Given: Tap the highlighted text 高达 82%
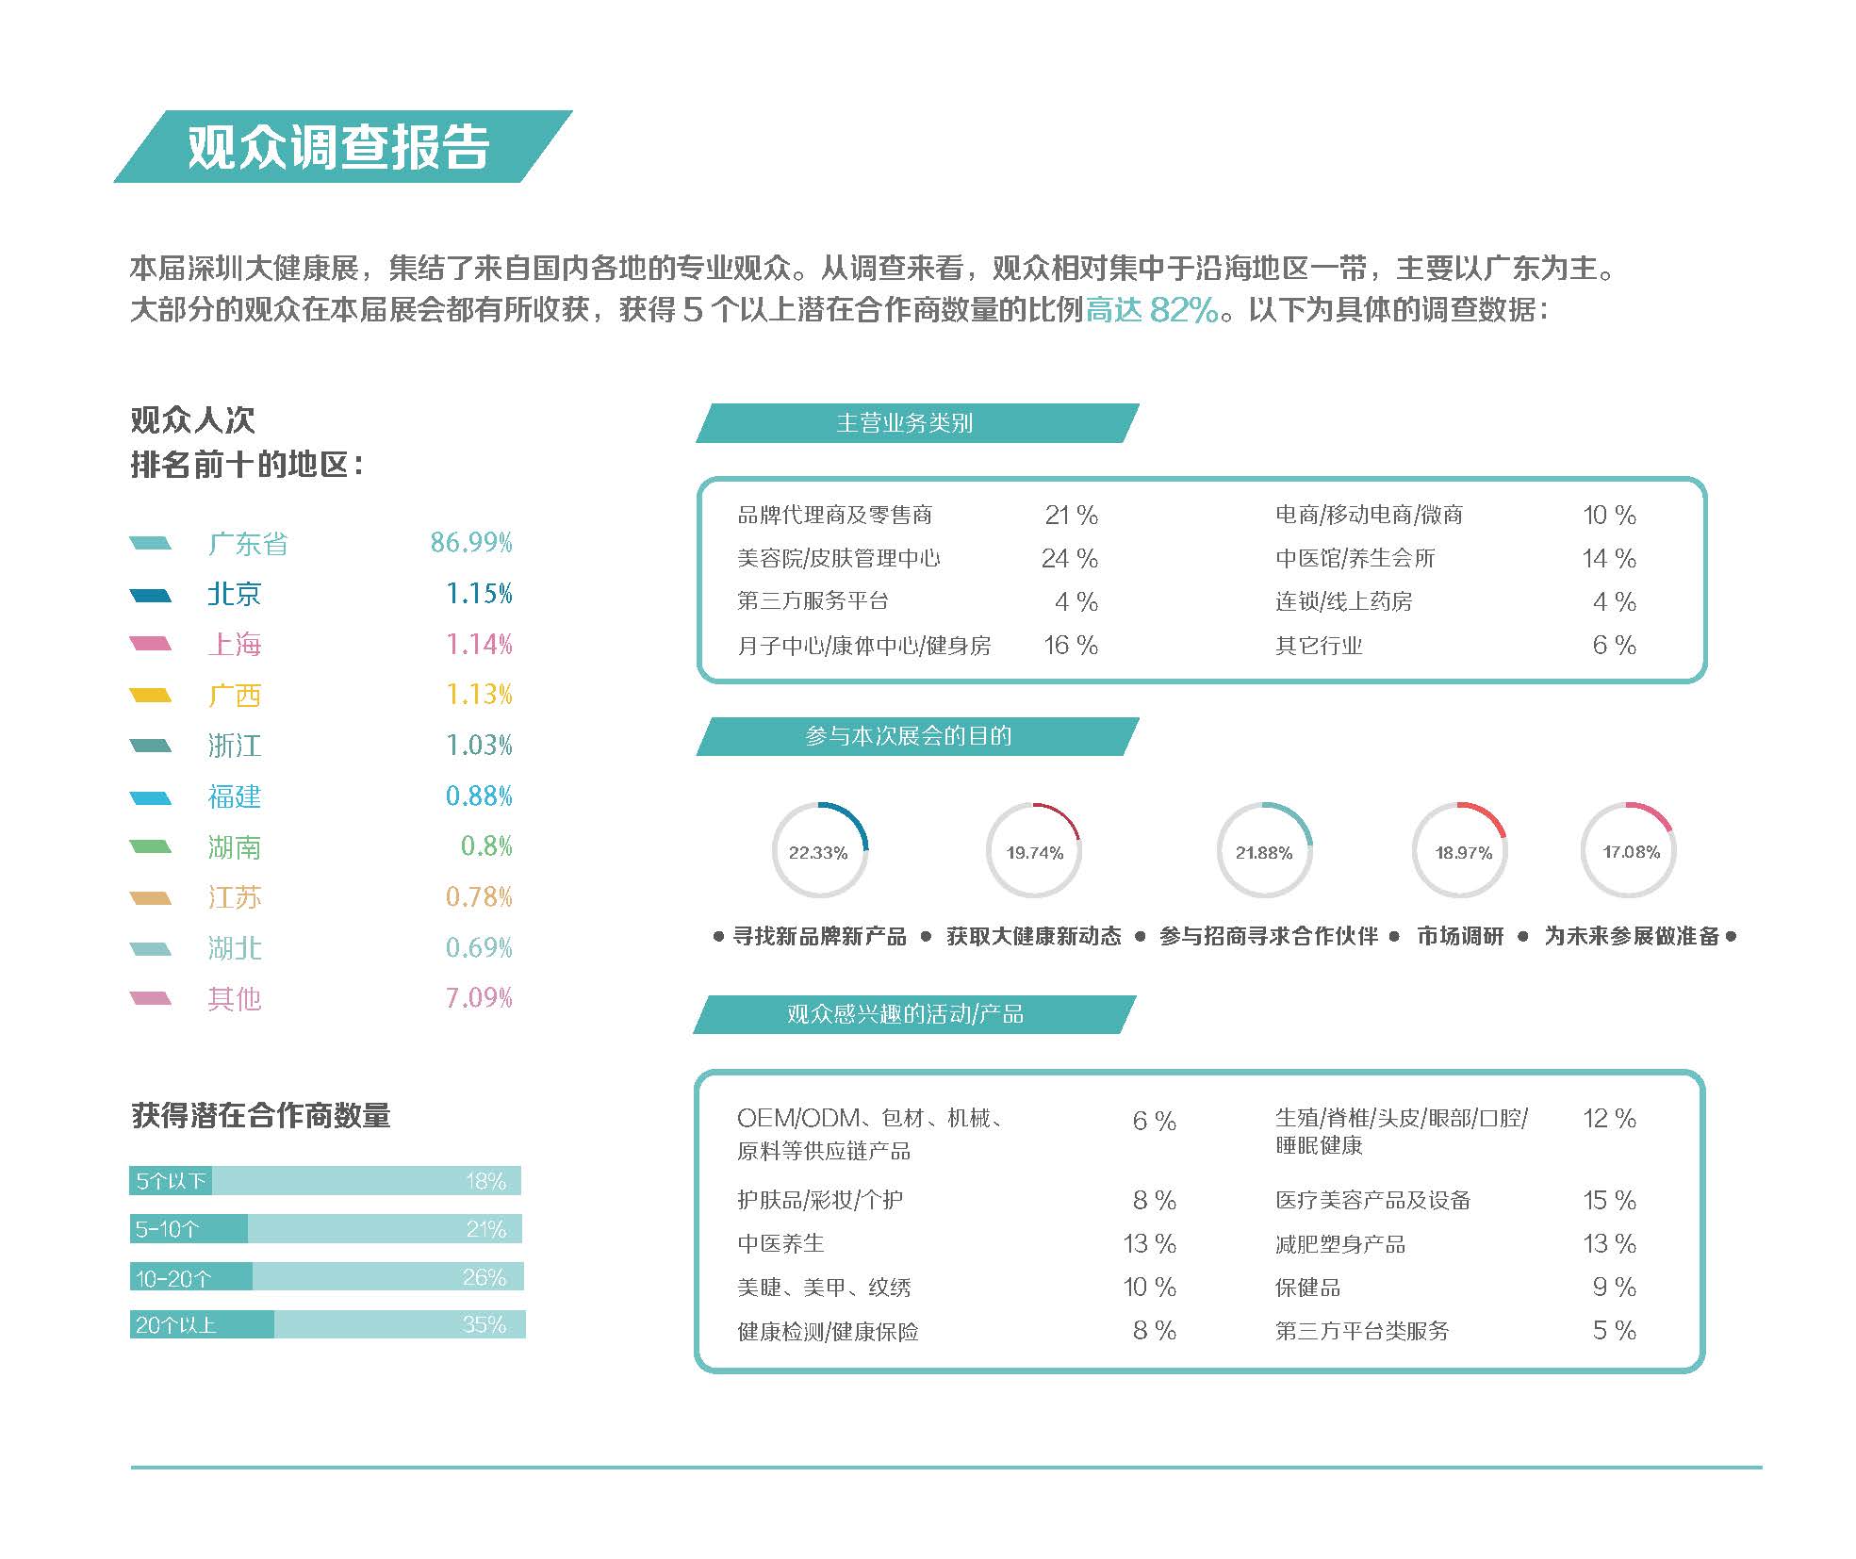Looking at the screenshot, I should (1152, 309).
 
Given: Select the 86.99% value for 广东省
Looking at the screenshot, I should (471, 543).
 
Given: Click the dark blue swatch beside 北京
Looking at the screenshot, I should (151, 595).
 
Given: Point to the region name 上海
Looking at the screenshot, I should (235, 645).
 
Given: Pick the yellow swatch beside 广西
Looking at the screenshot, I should (151, 696).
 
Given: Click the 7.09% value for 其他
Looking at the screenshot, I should (479, 997).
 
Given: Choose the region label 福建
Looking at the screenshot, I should (235, 796).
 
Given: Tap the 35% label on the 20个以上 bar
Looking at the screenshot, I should (485, 1324).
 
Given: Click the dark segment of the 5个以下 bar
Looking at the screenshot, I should (170, 1181).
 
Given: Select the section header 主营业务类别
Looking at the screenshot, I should (905, 423).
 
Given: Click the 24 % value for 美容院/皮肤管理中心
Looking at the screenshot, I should (1069, 559).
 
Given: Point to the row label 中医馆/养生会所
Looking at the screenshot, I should (1355, 559).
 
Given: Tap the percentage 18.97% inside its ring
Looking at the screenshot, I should (1463, 853).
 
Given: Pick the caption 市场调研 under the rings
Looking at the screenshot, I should (1460, 936).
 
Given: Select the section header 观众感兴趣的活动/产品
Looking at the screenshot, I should (905, 1014).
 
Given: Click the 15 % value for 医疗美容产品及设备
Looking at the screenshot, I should (1609, 1201).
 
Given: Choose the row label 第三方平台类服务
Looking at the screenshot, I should (1362, 1331).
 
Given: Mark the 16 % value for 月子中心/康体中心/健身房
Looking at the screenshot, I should (1071, 646).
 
